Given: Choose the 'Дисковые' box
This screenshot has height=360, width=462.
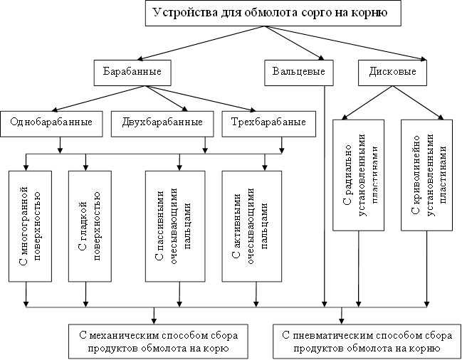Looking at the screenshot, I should point(392,73).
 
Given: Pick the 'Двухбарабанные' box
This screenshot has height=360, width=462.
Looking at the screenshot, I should point(162,122).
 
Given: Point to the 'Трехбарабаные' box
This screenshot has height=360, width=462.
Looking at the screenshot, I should point(263,122).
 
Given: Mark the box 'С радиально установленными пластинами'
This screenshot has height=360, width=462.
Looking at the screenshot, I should point(359,175).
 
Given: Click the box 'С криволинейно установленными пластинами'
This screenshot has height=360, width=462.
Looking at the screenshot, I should point(427,175).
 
